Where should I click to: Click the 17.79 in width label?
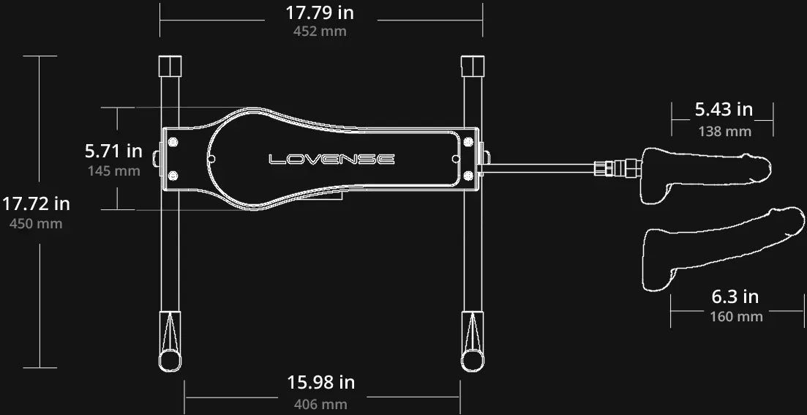tap(320, 12)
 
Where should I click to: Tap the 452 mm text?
tap(320, 31)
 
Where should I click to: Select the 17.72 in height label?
tap(36, 204)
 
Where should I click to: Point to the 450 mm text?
tap(36, 224)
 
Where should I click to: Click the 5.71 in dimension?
tap(113, 152)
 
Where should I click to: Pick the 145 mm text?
tap(113, 171)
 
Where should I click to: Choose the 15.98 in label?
tap(321, 383)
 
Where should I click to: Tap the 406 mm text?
tap(321, 404)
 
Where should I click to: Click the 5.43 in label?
tap(724, 110)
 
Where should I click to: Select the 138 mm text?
tap(724, 132)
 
